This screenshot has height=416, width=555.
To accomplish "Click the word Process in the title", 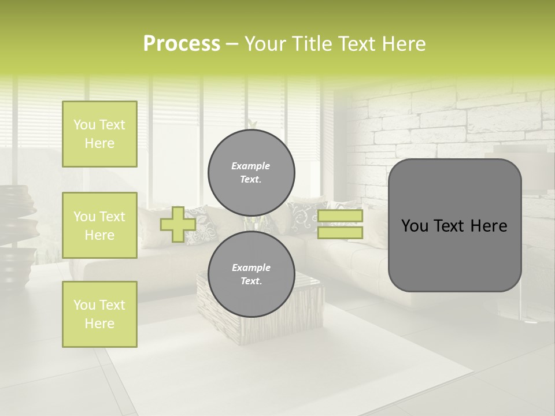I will pos(182,44).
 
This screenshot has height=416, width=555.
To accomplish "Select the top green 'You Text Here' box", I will pos(99,134).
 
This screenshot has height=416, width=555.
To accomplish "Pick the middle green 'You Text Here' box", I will pos(99,225).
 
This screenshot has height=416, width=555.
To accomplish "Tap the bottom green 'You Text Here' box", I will pos(99,314).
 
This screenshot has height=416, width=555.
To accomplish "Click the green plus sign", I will pos(177,224).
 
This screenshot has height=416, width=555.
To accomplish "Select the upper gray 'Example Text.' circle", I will pos(251,173).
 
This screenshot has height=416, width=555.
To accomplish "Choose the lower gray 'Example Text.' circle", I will pos(251,274).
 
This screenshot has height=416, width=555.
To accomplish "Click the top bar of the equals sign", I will pos(340,216).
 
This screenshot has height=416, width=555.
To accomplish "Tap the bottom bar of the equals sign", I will pos(340,232).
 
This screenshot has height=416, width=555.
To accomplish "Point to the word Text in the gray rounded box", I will pos(454,226).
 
